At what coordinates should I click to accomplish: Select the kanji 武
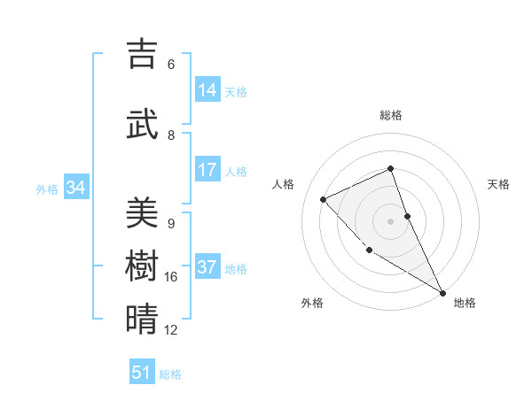(142, 123)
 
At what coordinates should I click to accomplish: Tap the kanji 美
(142, 212)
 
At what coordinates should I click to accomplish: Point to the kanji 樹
(142, 266)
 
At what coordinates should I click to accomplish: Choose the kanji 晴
(142, 319)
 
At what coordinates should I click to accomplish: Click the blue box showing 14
(207, 90)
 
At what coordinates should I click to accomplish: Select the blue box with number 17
(207, 170)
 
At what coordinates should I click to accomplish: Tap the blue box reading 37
(207, 268)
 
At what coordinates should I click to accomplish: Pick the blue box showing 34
(76, 188)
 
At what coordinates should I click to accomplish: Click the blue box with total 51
(142, 373)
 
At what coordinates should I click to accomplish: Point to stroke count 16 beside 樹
(171, 277)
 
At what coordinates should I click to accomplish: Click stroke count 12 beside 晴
(171, 330)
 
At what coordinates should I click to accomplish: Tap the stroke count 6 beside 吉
(171, 65)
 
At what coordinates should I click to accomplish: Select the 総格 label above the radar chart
(390, 115)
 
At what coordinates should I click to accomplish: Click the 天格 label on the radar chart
(498, 184)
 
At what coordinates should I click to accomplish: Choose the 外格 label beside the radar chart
(312, 303)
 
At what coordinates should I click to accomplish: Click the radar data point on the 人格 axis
(324, 199)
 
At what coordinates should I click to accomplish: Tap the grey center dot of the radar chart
(390, 220)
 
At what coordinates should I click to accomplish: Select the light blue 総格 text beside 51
(170, 374)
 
